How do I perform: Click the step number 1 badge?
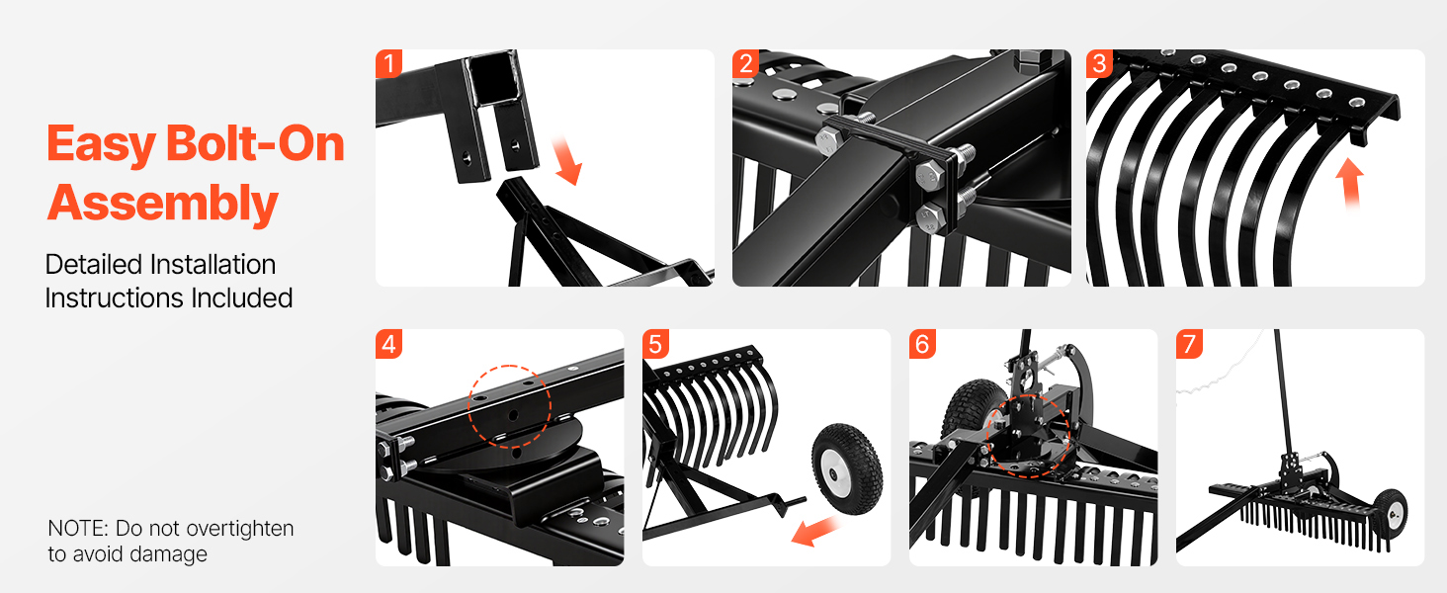(x=388, y=64)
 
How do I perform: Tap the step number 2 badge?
(x=745, y=64)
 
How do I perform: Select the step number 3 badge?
(x=1099, y=64)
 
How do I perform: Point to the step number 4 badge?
(x=388, y=344)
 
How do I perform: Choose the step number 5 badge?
(x=655, y=344)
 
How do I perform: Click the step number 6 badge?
(x=922, y=344)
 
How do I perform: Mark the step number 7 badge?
(x=1189, y=344)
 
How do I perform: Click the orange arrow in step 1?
(x=566, y=159)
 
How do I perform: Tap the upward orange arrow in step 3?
(x=1349, y=183)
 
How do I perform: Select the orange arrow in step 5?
(x=815, y=531)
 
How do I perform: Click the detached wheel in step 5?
(x=847, y=468)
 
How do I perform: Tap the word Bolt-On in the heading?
(x=255, y=142)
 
